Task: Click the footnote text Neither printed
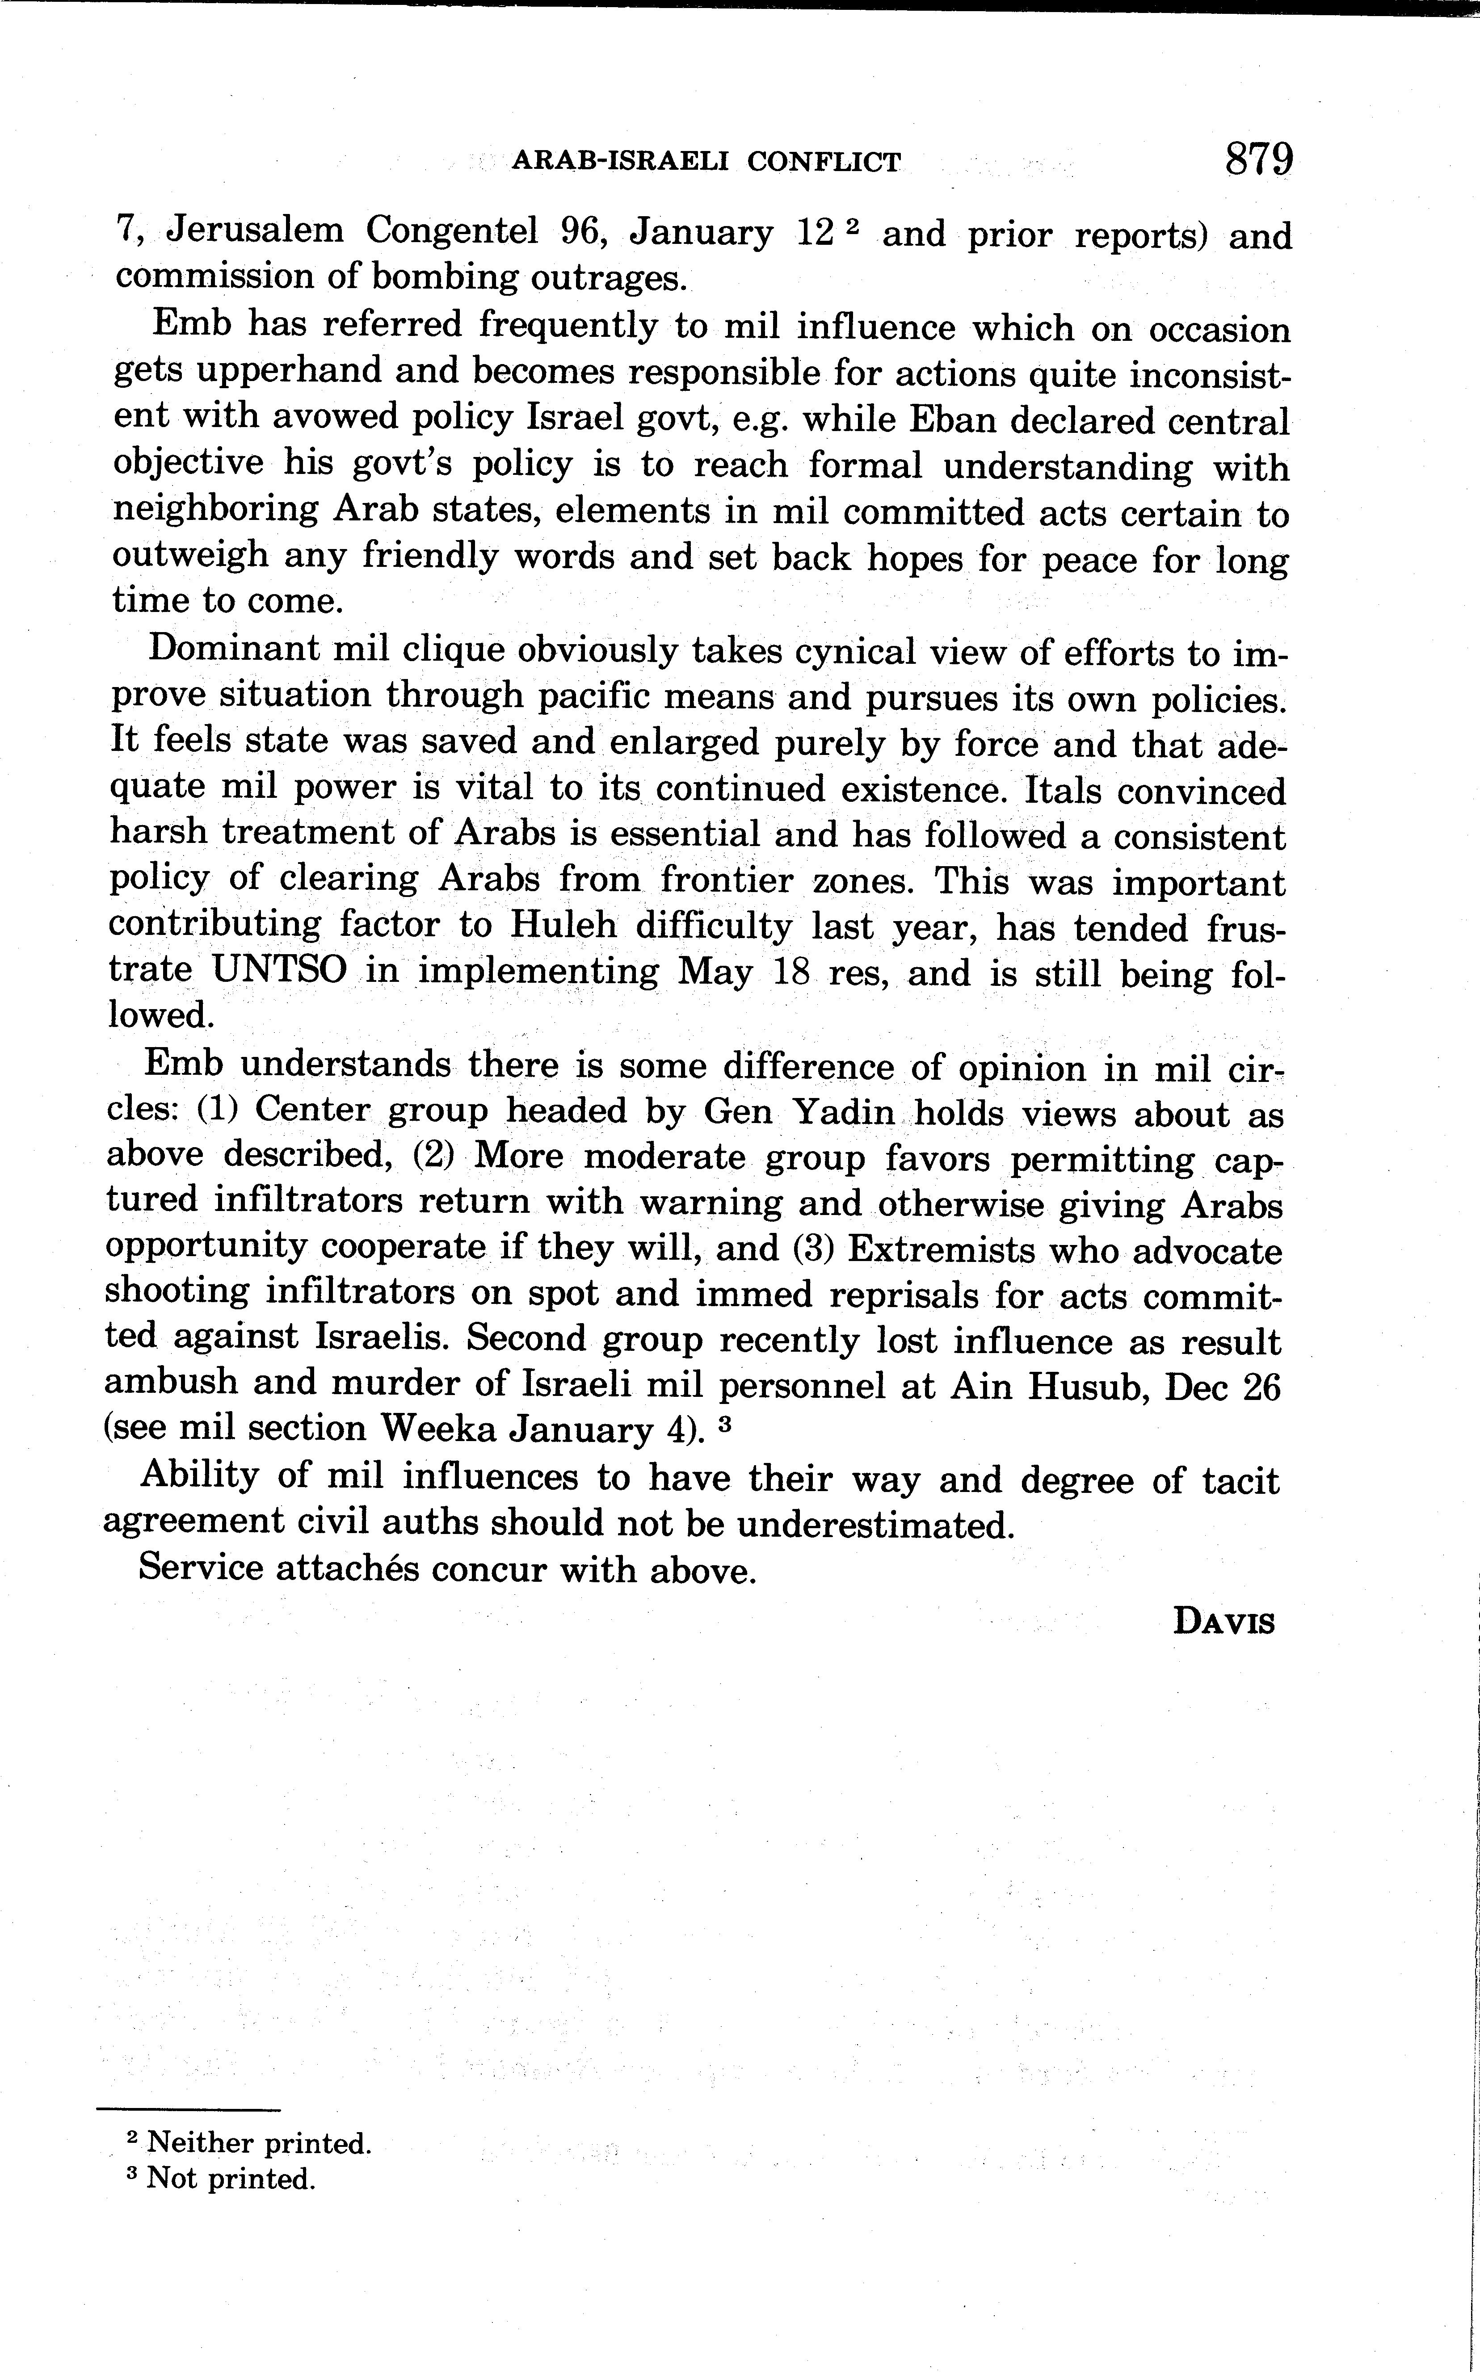pos(258,2143)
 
